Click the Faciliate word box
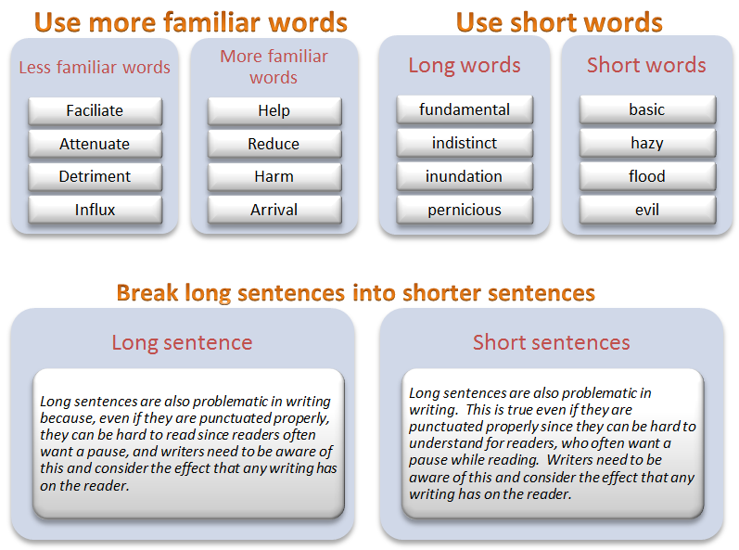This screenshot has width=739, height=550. click(95, 111)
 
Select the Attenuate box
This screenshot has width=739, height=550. click(95, 145)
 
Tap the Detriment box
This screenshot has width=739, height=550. click(95, 177)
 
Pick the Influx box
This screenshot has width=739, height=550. click(95, 211)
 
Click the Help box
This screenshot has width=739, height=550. click(274, 111)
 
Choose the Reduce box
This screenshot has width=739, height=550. click(274, 145)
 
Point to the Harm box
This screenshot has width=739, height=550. click(274, 177)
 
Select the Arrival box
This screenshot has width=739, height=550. click(274, 211)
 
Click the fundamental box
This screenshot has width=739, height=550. click(465, 110)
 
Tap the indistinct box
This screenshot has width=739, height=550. click(465, 144)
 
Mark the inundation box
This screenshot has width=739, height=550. click(465, 177)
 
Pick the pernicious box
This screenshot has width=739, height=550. click(465, 211)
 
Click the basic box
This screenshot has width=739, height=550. click(647, 110)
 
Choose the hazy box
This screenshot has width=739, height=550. click(647, 144)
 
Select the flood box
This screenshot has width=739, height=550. click(647, 177)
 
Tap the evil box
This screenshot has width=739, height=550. click(647, 211)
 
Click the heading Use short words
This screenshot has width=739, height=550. click(559, 21)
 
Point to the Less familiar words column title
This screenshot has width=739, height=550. click(95, 67)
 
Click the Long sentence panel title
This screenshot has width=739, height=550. click(182, 342)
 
